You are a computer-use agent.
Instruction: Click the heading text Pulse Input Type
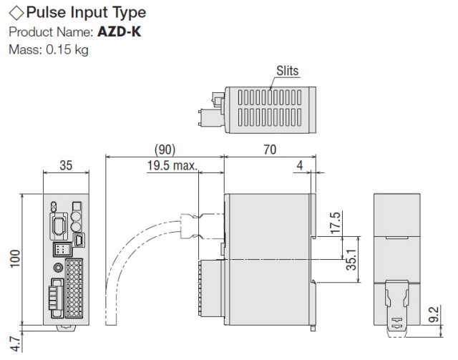86,12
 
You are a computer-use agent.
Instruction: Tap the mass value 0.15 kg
64,50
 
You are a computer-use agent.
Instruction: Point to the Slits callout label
287,71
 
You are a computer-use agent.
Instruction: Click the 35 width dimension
66,165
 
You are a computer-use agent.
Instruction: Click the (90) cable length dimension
165,149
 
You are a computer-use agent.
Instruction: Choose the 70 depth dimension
269,149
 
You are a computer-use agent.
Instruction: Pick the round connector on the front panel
57,266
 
